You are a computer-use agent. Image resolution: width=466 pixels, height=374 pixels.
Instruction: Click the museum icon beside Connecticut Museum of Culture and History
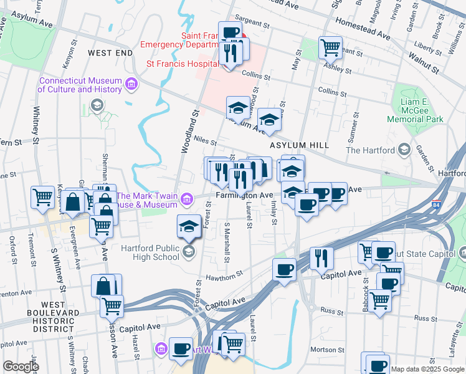point(131,84)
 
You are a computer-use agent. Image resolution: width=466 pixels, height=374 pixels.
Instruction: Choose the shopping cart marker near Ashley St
point(330,47)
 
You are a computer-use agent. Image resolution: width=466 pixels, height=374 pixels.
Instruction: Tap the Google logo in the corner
point(21,367)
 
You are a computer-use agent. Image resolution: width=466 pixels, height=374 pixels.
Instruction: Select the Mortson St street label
point(323,350)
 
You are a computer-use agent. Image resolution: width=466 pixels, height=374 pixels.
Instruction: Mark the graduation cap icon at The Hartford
point(404,150)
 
